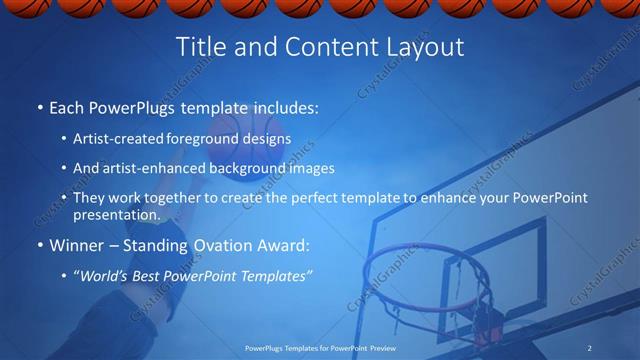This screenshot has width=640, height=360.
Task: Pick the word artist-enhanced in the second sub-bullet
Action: (154, 168)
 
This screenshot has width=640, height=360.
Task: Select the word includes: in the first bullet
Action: (286, 105)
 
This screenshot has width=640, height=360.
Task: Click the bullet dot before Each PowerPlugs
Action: (39, 106)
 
